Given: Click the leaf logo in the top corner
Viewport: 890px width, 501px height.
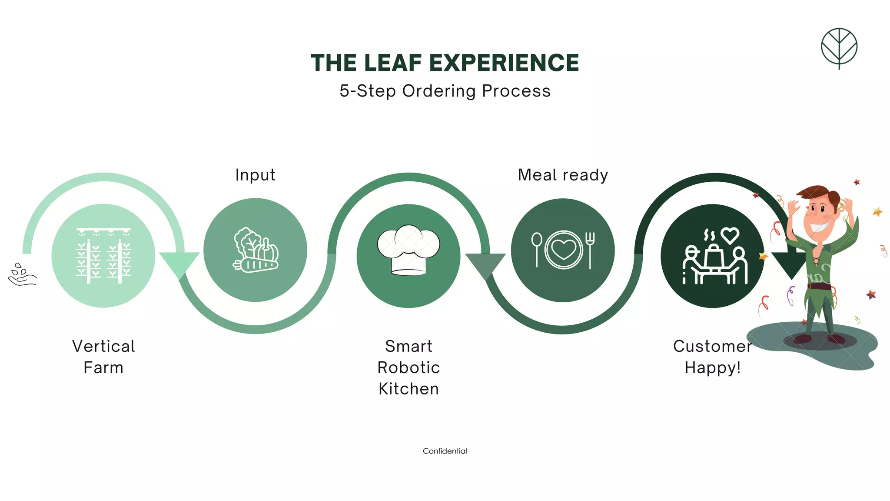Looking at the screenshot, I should point(839,48).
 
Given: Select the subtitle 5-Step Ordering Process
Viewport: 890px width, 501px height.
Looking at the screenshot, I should point(445,91).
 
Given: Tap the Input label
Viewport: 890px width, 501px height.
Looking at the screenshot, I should point(255,175).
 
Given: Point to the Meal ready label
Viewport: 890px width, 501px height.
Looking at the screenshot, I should point(563,175).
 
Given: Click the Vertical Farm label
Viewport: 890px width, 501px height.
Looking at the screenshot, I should point(103,357).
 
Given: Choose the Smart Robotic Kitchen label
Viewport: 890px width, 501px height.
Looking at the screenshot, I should point(408,367).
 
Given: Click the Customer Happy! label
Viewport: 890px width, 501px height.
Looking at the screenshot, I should point(713,357).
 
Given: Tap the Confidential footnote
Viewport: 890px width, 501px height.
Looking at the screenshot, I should point(445,451).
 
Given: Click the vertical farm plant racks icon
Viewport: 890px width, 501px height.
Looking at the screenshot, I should point(103,256).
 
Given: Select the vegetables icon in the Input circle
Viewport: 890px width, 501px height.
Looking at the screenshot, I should point(256,251).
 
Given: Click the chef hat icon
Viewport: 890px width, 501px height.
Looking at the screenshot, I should point(408,250).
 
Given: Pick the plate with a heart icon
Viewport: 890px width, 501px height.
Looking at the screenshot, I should point(563,250).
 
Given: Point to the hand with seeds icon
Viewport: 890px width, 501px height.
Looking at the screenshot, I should point(22,275).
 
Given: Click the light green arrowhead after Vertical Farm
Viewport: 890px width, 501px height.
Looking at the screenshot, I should point(179,263).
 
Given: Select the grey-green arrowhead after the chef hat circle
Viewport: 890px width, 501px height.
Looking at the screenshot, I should point(485,264).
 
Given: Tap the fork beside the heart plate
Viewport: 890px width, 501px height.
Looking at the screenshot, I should point(590,250).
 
